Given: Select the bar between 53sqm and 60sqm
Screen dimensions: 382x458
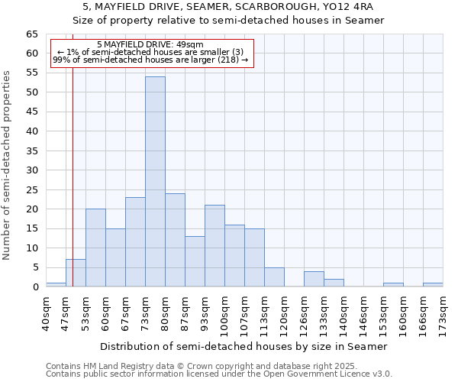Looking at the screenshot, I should tap(95, 248).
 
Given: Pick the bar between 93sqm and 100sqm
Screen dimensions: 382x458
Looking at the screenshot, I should tap(214, 246).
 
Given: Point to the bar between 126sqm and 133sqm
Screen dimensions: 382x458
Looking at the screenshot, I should tap(314, 279).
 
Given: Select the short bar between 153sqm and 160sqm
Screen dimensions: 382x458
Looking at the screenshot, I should tap(393, 285).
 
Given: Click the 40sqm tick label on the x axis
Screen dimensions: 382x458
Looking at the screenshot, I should tap(47, 313).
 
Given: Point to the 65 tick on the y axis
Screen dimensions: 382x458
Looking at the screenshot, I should tap(31, 34).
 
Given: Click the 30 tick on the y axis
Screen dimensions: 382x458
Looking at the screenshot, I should tap(31, 170).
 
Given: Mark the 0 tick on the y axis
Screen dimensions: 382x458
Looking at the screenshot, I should tap(34, 287).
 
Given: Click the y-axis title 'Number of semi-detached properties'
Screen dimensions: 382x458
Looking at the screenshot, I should tap(8, 165).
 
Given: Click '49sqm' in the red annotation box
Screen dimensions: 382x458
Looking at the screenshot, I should tap(188, 45).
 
